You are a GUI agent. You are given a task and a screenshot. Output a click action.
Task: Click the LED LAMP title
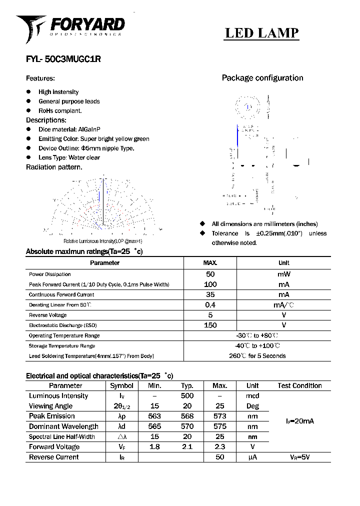261,33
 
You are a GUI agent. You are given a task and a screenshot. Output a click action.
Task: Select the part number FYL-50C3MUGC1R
63,58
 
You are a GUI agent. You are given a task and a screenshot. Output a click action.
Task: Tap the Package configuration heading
262,78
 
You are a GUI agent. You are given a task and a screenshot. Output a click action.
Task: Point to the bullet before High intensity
28,92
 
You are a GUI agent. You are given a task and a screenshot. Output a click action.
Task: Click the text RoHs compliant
60,110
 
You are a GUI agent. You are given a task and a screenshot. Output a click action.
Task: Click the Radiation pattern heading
54,167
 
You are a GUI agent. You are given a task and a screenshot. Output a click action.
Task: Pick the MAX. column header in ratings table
210,263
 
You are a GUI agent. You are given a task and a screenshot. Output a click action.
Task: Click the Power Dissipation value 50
210,274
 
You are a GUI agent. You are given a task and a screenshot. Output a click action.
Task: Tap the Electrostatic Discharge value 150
210,325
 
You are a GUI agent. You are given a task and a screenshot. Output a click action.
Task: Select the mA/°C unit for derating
283,305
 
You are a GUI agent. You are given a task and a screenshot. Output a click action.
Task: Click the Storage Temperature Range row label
62,346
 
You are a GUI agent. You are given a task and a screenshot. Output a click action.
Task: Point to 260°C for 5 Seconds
257,356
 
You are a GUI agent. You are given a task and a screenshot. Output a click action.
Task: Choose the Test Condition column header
299,386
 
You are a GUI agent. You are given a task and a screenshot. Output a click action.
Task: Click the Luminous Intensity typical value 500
187,396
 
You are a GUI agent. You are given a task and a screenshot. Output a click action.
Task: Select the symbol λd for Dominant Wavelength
121,426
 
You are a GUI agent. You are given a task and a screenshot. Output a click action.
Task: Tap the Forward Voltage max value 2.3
219,447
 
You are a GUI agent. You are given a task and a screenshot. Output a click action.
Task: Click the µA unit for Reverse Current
252,457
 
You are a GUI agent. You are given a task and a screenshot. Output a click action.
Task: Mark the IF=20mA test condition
299,421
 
